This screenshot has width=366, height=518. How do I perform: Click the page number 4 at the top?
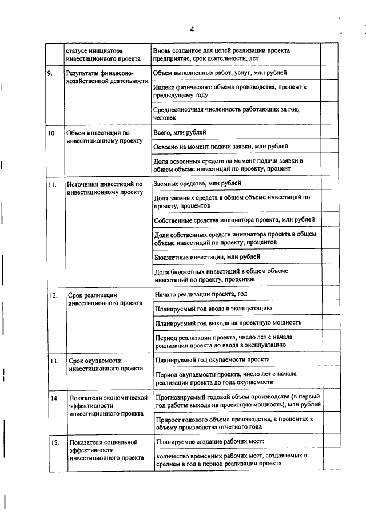point(193,29)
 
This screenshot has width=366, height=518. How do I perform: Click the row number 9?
point(50,74)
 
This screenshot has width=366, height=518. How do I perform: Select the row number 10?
point(51,133)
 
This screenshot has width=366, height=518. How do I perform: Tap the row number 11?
point(51,185)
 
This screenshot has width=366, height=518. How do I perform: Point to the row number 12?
point(53,296)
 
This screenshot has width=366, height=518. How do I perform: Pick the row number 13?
point(53,362)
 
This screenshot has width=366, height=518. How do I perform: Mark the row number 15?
point(53,443)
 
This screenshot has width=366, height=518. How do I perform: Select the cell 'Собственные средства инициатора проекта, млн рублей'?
point(234,220)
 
